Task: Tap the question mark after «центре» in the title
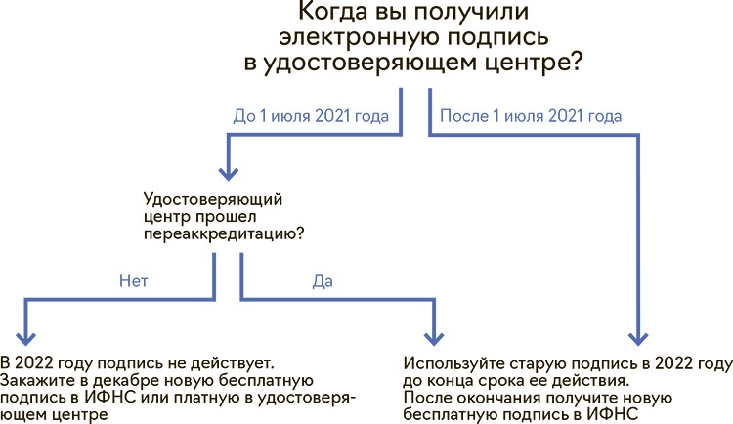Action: pos(576,62)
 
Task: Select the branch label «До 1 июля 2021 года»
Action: pos(311,116)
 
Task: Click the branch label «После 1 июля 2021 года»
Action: pos(531,116)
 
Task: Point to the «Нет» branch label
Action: pos(134,281)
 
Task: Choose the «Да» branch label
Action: pos(323,281)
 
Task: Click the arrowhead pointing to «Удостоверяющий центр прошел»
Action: pos(229,174)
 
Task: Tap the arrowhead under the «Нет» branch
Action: pos(25,338)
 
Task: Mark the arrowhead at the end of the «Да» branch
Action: pos(434,338)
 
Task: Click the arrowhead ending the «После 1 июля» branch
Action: pos(638,338)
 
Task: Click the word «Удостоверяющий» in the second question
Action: pos(213,200)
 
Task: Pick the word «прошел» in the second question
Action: pos(226,217)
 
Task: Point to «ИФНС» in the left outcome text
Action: pos(110,398)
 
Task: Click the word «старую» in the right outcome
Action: pos(538,364)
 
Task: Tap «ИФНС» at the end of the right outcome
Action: pos(613,414)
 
